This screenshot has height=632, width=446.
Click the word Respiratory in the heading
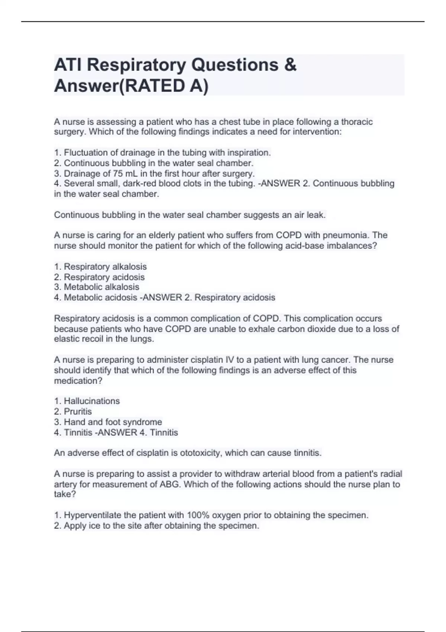pos(136,65)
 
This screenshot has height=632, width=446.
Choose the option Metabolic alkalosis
pos(101,287)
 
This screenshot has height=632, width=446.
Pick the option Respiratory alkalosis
pos(105,267)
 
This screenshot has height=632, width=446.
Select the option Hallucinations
pos(92,401)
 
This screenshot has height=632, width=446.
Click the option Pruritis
pos(78,412)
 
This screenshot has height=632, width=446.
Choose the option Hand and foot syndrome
pos(113,422)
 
